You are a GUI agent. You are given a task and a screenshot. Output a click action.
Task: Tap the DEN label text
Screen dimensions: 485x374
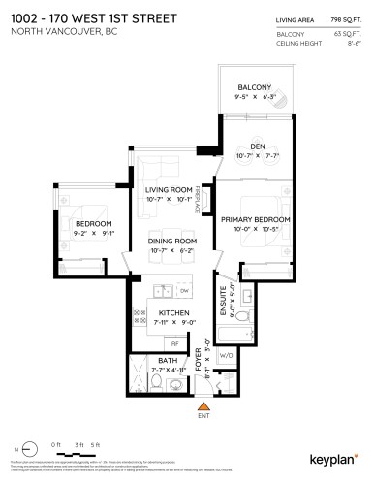pyautogui.click(x=258, y=146)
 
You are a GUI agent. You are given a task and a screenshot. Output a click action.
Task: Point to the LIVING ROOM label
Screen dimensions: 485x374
pyautogui.click(x=168, y=190)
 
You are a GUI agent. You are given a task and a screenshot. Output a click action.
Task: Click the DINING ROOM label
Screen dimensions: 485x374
pyautogui.click(x=172, y=241)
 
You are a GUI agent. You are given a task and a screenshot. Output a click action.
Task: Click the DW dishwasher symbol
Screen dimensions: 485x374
pyautogui.click(x=183, y=289)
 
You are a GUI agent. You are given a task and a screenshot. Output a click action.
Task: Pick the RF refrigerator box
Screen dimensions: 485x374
pyautogui.click(x=175, y=343)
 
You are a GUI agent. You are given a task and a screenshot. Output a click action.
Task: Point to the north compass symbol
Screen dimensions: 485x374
pyautogui.click(x=23, y=451)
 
